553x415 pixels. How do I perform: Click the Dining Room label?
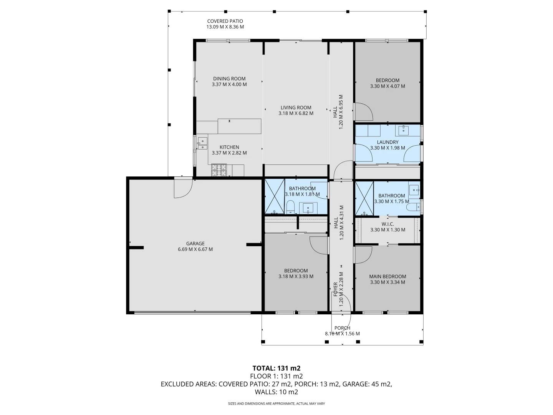[x=229, y=79]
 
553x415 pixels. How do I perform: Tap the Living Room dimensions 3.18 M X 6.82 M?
[x=296, y=113]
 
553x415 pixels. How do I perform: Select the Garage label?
[x=195, y=243]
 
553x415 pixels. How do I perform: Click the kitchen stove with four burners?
[x=219, y=170]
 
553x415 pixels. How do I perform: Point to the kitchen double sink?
[x=202, y=143]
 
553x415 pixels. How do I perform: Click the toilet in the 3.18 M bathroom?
[x=290, y=207]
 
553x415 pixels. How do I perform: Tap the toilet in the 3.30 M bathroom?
[x=413, y=207]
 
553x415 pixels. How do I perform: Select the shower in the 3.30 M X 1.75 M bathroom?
[x=364, y=198]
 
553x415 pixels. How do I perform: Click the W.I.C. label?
[x=387, y=224]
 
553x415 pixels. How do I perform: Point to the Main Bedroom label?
[x=387, y=276]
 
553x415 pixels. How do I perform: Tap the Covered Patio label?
[x=225, y=21]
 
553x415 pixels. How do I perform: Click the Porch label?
[x=342, y=328]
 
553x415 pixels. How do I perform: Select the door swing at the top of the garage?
[x=182, y=188]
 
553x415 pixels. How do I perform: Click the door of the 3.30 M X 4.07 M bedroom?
[x=363, y=111]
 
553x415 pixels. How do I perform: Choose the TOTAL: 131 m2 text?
[x=276, y=368]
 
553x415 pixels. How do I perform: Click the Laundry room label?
[x=387, y=142]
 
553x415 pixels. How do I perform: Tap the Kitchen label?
[x=229, y=147]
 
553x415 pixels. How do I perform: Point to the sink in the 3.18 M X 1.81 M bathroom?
[x=308, y=208]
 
